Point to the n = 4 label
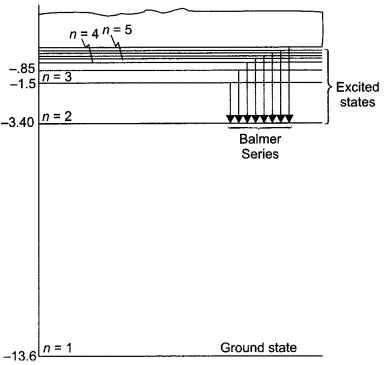pos(83,32)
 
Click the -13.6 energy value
pos(21,355)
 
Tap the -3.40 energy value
pos(20,124)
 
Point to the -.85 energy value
pos(21,69)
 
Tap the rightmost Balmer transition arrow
pos(290,85)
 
